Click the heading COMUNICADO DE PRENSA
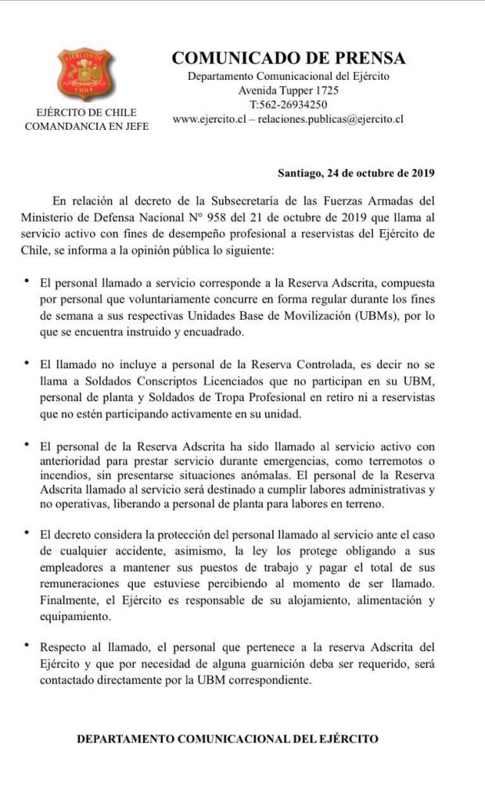(288, 58)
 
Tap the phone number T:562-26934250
(288, 105)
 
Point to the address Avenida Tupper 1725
(288, 91)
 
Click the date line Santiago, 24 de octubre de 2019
(356, 172)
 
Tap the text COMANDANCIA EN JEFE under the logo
(86, 126)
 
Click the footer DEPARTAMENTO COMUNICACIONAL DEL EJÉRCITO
(228, 738)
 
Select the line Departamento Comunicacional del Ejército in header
(288, 76)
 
